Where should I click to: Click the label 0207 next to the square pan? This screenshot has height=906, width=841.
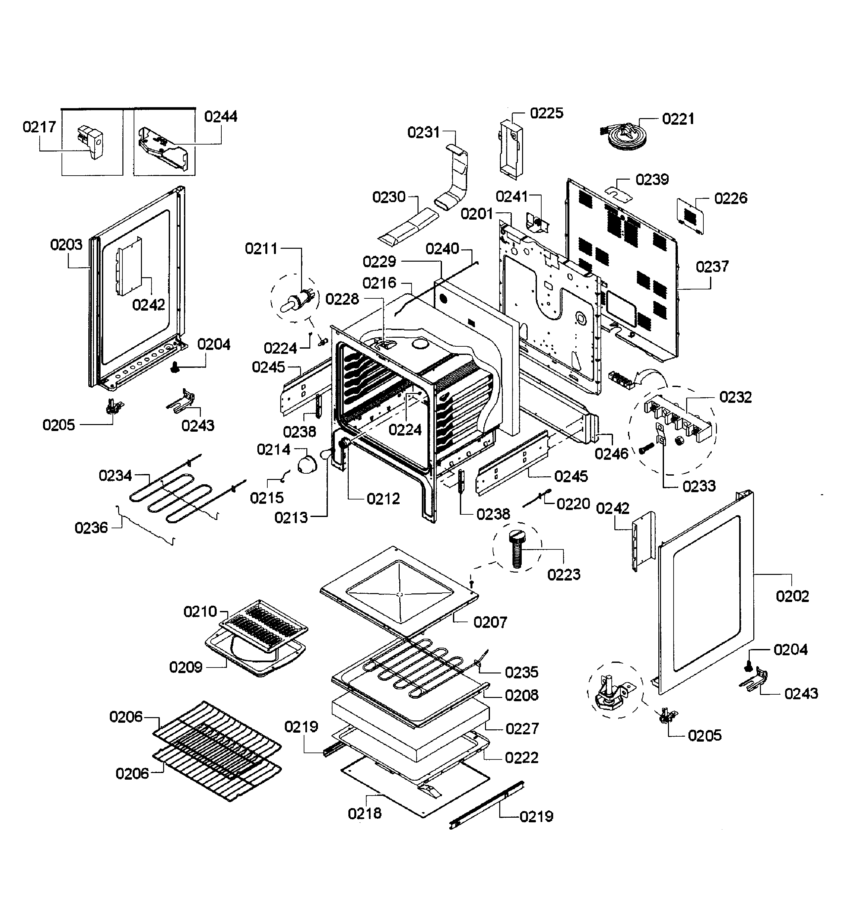tap(490, 622)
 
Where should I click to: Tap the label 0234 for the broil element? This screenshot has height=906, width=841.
tap(115, 476)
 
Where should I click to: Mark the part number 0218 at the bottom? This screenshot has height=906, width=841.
tap(365, 813)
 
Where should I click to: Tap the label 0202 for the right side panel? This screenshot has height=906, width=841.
tap(792, 596)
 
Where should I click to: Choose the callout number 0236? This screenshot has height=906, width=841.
tap(91, 528)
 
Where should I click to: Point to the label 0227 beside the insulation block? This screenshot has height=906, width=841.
tap(522, 728)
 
